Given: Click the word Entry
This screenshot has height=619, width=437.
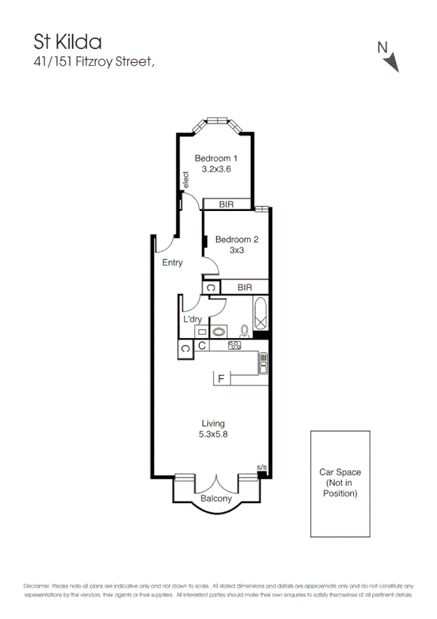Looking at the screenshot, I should point(172,263).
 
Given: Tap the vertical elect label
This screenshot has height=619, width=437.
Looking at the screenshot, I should point(186,180).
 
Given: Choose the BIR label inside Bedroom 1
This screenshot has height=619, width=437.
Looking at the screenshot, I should point(226,205).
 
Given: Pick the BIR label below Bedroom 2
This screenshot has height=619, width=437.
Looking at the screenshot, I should point(245,288).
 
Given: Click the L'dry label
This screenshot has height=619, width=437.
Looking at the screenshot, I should point(193,320).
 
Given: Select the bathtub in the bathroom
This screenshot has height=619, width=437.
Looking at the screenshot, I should point(260,314).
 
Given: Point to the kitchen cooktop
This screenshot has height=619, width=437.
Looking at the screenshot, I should point(234,346).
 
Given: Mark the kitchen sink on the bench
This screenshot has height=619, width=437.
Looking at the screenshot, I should point(263,362).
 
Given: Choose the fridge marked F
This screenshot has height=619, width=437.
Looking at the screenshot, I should point(219,379).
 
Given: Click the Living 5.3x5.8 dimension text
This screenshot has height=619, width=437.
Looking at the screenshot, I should point(213,428).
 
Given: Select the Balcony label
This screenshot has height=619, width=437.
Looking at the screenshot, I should point(216,499).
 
